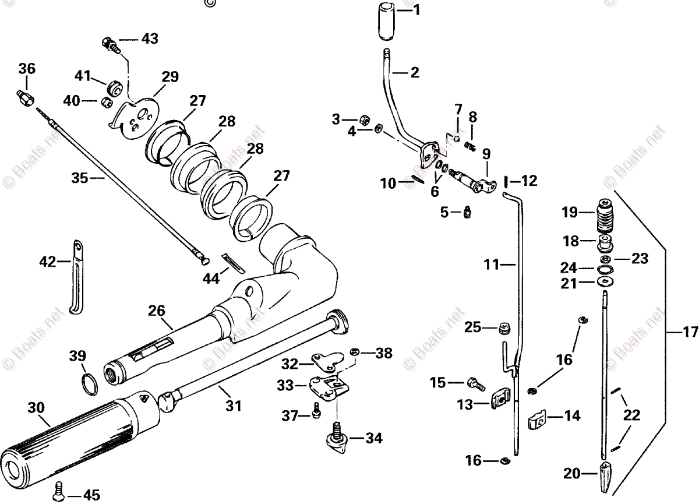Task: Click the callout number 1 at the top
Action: click(x=416, y=10)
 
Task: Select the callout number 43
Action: click(x=149, y=39)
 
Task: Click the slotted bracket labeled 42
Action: click(x=76, y=277)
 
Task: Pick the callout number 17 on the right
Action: click(x=690, y=334)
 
